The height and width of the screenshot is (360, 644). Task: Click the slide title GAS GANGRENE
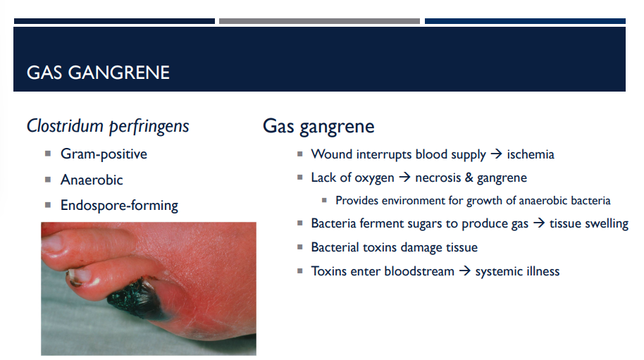[98, 73]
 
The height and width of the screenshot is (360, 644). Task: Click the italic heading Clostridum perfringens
[108, 126]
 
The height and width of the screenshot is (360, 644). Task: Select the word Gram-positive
[104, 154]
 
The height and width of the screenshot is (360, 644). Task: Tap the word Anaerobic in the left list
[92, 180]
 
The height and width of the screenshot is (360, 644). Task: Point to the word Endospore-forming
[119, 206]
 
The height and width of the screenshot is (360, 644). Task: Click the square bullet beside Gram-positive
[48, 153]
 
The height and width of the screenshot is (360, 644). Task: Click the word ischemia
[531, 154]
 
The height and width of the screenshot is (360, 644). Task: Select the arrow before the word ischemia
[496, 154]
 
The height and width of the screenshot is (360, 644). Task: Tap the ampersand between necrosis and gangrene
[469, 178]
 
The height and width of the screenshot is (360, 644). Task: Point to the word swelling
[605, 224]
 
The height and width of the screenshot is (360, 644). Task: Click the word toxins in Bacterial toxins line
[381, 247]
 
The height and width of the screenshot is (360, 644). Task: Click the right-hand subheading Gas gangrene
[318, 126]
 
